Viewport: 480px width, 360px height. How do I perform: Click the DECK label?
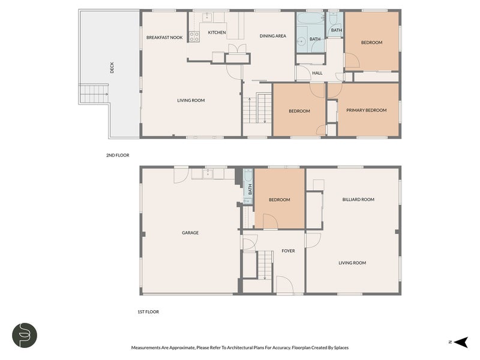112,68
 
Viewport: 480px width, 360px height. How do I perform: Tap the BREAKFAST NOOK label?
164,38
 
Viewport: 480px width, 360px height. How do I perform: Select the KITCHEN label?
217,32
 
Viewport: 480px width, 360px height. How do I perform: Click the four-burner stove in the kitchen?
194,37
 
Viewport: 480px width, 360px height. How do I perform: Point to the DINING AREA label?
273,36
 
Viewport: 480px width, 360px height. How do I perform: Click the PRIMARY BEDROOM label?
367,110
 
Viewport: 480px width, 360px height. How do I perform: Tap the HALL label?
317,73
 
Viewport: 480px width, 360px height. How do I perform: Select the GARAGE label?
190,233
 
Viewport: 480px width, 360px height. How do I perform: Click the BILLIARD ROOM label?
358,200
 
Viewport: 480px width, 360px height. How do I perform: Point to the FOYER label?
288,251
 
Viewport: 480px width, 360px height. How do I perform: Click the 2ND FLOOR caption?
118,155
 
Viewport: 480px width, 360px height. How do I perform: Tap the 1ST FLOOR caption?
148,312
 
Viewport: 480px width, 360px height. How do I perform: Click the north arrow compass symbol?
461,342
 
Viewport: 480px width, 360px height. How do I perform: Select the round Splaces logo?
25,335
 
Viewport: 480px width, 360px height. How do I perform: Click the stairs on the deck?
94,94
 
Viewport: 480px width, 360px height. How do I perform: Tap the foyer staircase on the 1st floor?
265,265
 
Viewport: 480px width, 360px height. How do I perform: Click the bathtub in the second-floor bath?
310,19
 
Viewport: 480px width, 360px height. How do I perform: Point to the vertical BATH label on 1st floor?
250,189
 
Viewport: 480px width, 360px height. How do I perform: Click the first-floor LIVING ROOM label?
352,263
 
